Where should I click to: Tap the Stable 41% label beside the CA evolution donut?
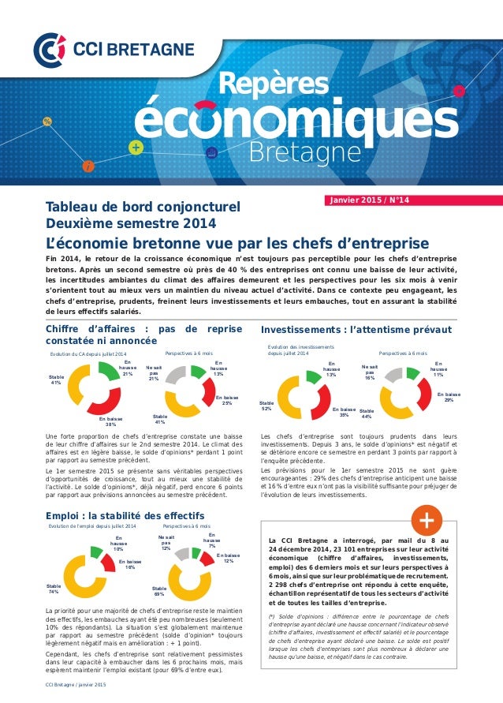[57, 380]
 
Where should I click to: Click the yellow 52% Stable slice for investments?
[289, 398]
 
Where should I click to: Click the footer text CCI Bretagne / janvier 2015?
[76, 694]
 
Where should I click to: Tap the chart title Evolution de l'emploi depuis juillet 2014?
[92, 525]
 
